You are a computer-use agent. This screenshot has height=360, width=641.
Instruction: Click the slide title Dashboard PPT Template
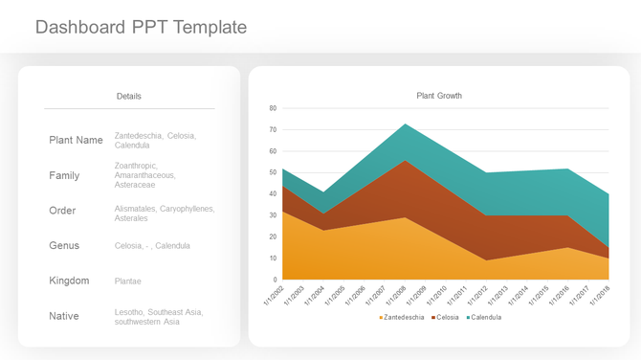click(x=141, y=27)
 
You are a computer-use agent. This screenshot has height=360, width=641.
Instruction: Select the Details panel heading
click(x=129, y=97)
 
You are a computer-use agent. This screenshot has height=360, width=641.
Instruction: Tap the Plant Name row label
click(x=76, y=141)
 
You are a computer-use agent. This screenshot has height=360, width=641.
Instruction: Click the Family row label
click(x=64, y=176)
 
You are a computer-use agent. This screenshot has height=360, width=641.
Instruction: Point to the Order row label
click(x=62, y=211)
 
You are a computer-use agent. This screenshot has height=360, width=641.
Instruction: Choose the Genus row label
click(x=64, y=246)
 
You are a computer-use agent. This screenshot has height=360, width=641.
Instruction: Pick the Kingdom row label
click(x=69, y=281)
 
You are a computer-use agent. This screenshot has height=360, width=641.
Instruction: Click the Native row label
click(x=64, y=316)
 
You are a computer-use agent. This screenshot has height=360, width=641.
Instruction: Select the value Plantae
click(x=128, y=281)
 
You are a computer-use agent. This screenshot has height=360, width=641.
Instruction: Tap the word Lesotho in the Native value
click(x=129, y=312)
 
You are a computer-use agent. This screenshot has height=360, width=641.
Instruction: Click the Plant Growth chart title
click(x=439, y=96)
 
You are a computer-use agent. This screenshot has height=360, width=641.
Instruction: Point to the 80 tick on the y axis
click(x=273, y=108)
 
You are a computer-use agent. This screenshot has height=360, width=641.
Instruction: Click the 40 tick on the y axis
click(x=273, y=194)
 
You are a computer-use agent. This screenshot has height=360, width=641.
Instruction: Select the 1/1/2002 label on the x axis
click(x=274, y=295)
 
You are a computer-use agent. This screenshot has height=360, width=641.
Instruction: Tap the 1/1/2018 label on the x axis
click(x=599, y=295)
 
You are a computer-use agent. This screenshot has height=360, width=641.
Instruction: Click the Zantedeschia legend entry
click(x=402, y=317)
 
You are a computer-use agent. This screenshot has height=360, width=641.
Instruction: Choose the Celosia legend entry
click(x=447, y=317)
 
